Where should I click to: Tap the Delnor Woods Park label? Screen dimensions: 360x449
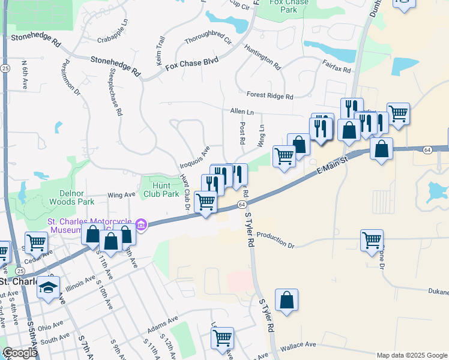tap(77, 197)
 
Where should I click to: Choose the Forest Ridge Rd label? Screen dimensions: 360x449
tap(270, 95)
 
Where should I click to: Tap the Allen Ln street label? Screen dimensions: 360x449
tap(242, 112)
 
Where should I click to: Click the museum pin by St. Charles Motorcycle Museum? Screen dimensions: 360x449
tap(142, 226)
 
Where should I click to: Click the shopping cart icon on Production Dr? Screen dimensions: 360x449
tap(372, 239)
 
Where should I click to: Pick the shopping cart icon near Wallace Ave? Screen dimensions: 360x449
tap(222, 337)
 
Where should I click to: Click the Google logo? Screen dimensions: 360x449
tap(20, 353)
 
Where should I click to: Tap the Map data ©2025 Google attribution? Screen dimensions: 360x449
tap(411, 355)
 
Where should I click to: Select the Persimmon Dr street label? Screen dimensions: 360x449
tap(69, 77)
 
